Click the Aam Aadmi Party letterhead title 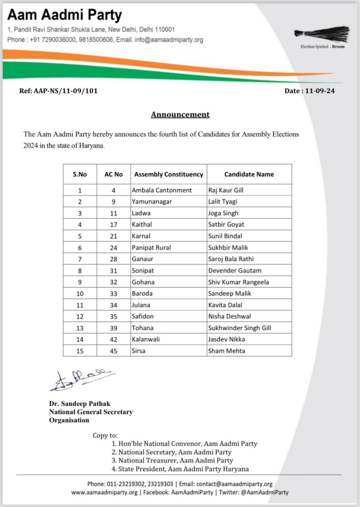pyautogui.click(x=65, y=15)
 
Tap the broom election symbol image pyautogui.click(x=321, y=34)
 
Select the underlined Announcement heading pyautogui.click(x=180, y=114)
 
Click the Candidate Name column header pyautogui.click(x=249, y=174)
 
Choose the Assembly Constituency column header pyautogui.click(x=169, y=174)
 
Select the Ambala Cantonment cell pyautogui.click(x=162, y=190)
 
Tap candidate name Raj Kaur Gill pyautogui.click(x=226, y=190)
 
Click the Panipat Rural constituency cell pyautogui.click(x=152, y=248)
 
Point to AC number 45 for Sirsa pyautogui.click(x=113, y=351)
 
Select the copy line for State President pyautogui.click(x=180, y=469)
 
